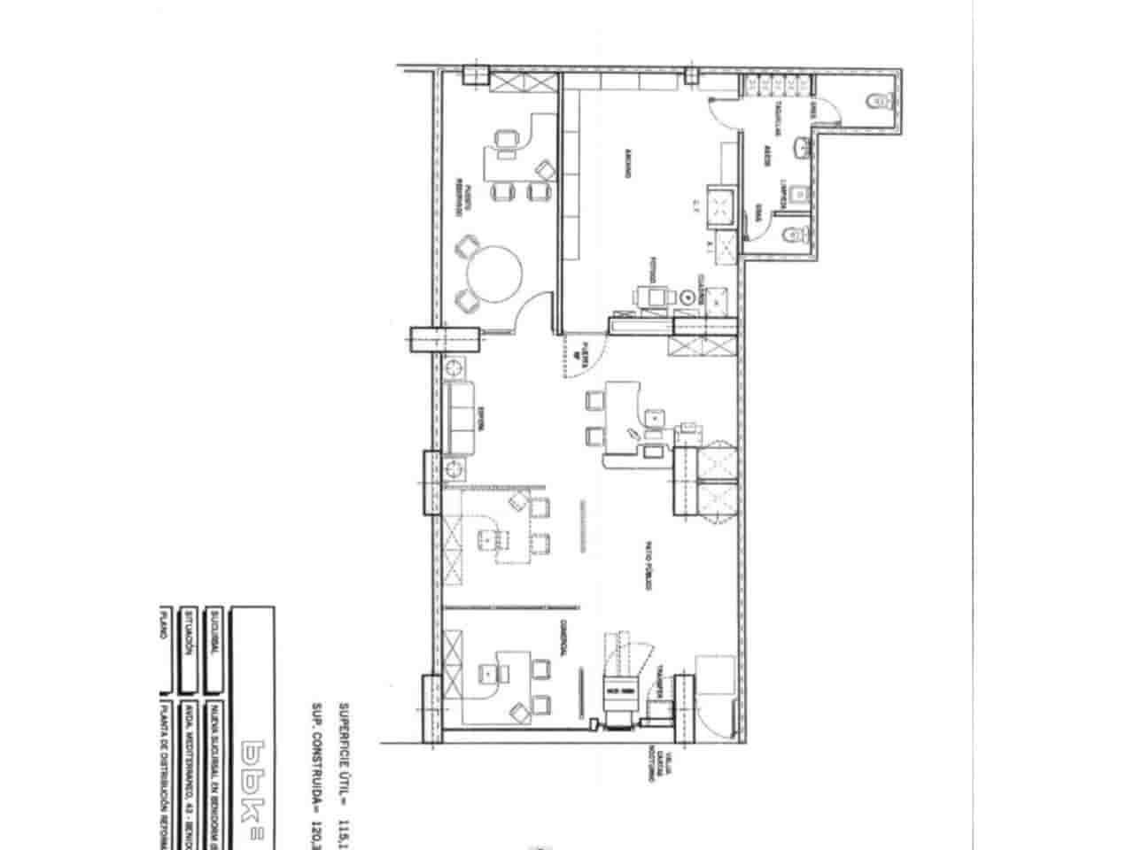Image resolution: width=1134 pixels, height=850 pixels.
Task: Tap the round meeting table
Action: click(496, 275)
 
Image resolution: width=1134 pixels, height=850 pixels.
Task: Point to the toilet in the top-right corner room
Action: click(879, 101)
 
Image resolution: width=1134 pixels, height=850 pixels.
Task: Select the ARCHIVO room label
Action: click(628, 164)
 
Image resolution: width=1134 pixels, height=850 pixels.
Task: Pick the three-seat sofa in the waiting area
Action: click(461, 416)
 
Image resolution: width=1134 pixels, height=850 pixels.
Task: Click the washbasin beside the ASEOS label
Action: click(803, 148)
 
